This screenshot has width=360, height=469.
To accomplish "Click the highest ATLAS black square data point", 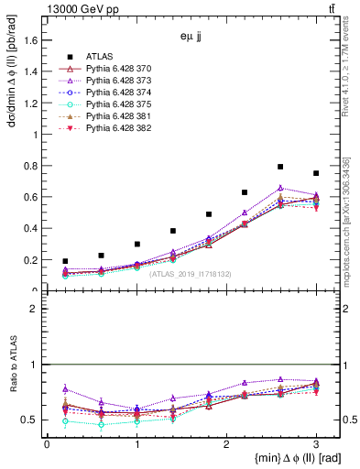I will point(280,167).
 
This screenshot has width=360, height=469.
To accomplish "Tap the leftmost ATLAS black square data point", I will point(65,261).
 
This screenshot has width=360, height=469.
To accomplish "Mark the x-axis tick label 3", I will point(316,446).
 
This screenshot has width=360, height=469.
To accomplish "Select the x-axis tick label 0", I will point(47,446).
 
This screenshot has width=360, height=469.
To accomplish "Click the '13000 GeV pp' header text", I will point(78,10).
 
